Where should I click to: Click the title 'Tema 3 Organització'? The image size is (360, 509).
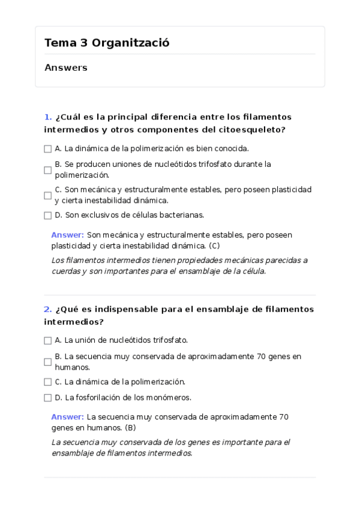click(x=107, y=43)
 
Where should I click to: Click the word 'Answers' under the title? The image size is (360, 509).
click(x=66, y=68)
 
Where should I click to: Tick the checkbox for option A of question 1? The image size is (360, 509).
click(x=48, y=149)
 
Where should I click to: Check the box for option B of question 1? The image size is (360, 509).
click(x=48, y=170)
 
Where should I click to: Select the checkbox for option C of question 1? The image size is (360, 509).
click(x=48, y=196)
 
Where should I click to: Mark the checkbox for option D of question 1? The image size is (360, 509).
click(x=48, y=215)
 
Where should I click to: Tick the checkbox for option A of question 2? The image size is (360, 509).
click(x=48, y=340)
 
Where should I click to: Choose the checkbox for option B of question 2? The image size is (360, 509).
click(x=48, y=362)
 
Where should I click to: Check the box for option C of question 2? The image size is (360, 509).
click(x=48, y=382)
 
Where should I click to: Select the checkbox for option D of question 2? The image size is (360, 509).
click(x=48, y=397)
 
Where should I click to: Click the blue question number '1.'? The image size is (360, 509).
click(x=47, y=116)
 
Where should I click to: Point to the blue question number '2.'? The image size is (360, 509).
click(x=47, y=309)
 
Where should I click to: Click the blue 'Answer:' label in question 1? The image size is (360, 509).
click(x=67, y=235)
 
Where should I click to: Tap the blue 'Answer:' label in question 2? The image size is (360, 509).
click(x=67, y=417)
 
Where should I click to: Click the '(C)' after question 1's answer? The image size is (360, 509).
click(x=214, y=245)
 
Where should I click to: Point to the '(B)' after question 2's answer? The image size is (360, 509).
click(x=130, y=427)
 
